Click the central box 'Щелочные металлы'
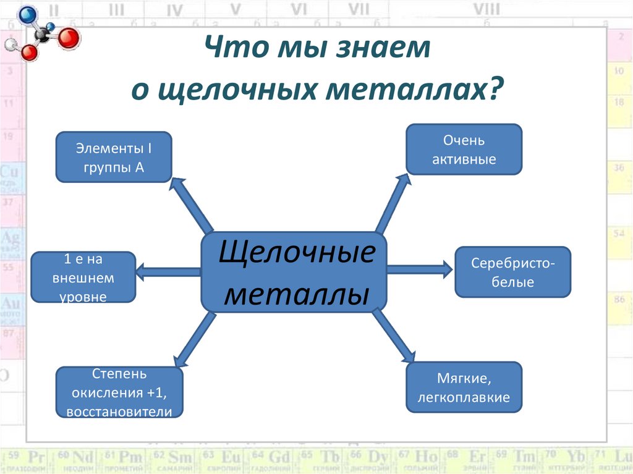point(294,272)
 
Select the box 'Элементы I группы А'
point(114,157)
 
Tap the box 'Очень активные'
point(464,149)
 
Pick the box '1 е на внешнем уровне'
point(83,277)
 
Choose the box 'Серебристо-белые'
point(513,272)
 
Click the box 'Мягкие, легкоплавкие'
point(464,387)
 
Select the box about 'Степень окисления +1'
point(119,393)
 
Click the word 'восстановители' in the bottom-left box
point(119,411)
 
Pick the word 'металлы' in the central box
point(293,294)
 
